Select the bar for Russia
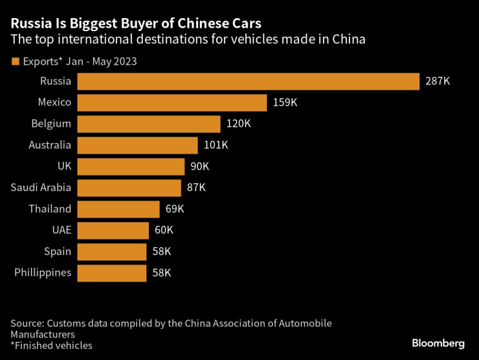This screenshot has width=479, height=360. click(249, 81)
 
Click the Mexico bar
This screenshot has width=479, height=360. click(172, 102)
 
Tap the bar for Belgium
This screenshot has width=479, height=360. click(148, 124)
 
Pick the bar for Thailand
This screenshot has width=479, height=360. click(118, 209)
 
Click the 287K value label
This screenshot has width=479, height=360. click(438, 81)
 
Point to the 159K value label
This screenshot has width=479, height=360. click(285, 102)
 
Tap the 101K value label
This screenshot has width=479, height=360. click(216, 145)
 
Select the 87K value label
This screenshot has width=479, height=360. click(195, 188)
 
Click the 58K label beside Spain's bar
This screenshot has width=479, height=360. click(161, 251)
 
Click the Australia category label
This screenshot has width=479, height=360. click(50, 145)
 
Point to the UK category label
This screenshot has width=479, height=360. click(63, 166)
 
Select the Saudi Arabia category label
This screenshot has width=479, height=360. click(41, 188)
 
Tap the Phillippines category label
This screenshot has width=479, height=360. click(43, 273)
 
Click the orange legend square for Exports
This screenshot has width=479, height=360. click(15, 62)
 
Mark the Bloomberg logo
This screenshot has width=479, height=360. click(438, 342)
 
